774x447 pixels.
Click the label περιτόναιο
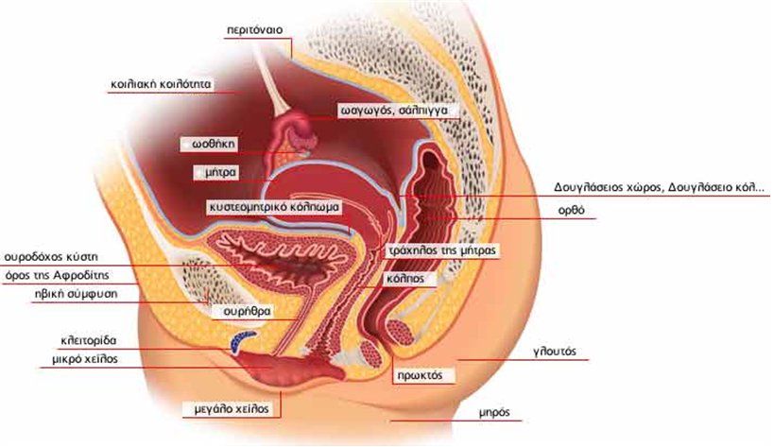[x=255, y=30]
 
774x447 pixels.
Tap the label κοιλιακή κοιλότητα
[x=161, y=84]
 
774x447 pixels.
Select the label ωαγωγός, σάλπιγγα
[x=394, y=110]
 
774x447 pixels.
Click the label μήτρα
[x=220, y=173]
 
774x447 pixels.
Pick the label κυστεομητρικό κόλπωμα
[x=274, y=207]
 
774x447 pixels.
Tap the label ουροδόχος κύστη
[x=51, y=257]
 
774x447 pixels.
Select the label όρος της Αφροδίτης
[x=57, y=275]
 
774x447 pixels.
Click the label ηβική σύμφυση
[x=76, y=294]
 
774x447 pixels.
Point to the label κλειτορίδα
[x=88, y=340]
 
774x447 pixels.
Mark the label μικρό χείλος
[x=85, y=359]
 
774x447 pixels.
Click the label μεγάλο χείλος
[x=232, y=408]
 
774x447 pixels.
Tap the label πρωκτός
[x=420, y=375]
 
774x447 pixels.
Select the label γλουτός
[x=555, y=352]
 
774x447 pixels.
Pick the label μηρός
[x=493, y=412]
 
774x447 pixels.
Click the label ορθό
[x=571, y=210]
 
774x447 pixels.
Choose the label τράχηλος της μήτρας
[x=441, y=250]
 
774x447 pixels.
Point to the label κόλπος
[x=405, y=279]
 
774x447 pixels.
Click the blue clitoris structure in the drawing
[x=240, y=340]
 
